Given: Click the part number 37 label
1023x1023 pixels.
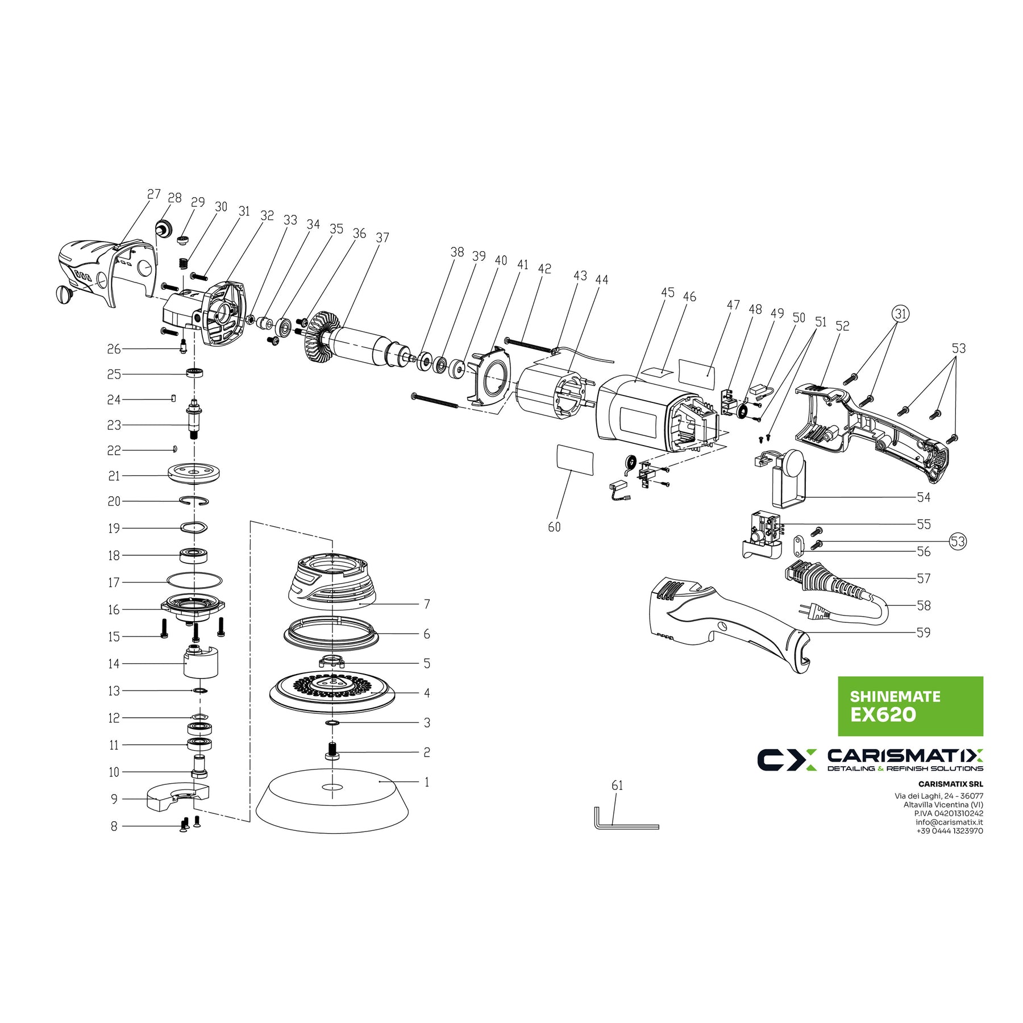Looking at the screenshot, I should [382, 238].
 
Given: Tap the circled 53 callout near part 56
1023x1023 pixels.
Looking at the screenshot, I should [958, 541].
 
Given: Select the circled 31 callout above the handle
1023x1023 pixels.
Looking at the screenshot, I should [900, 313].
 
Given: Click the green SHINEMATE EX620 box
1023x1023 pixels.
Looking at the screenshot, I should [910, 706].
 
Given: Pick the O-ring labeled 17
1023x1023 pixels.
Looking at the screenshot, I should [194, 581].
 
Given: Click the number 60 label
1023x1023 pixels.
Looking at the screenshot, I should [554, 527].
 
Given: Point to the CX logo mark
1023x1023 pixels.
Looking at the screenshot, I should [787, 760].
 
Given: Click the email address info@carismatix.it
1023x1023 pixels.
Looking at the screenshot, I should [949, 822].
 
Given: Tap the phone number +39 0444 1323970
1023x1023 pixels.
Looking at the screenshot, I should [949, 831].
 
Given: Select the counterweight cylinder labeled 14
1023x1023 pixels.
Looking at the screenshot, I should [201, 662].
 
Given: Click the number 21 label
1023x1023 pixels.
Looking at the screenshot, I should [114, 476].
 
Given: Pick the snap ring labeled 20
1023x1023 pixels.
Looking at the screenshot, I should [194, 501].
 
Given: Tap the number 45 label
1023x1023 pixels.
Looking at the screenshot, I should [668, 292].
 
